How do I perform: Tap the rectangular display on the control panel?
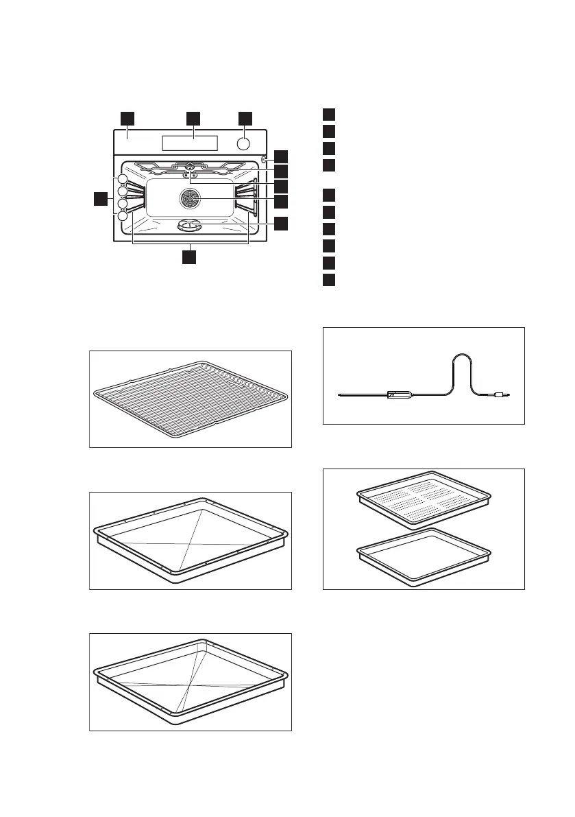tap(190, 143)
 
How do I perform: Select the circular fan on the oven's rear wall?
tap(189, 200)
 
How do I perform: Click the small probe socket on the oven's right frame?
tap(264, 160)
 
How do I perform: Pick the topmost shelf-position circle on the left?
tap(122, 180)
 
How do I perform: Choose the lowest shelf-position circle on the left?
tap(122, 215)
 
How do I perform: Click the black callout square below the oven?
tap(188, 257)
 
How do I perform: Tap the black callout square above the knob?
tap(245, 118)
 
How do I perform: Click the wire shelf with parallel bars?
tap(191, 398)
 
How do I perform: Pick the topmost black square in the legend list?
tap(329, 114)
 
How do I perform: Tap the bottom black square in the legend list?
tap(329, 279)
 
